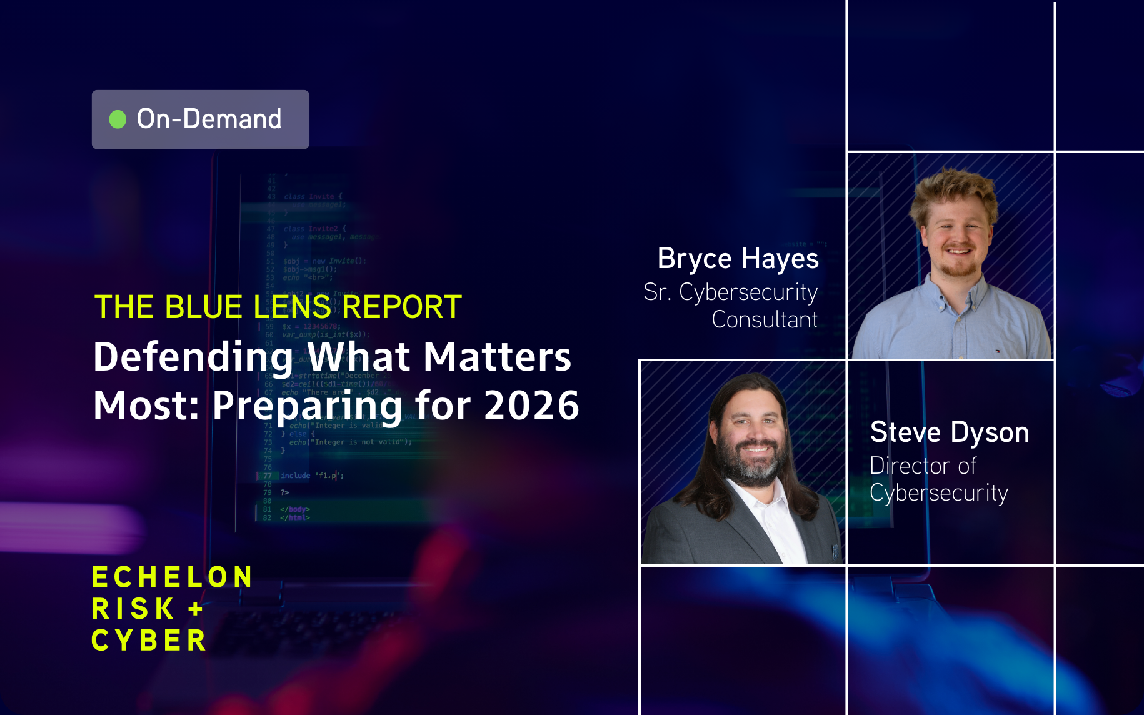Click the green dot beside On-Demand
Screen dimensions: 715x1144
pyautogui.click(x=118, y=119)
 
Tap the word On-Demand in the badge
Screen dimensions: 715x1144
pyautogui.click(x=209, y=119)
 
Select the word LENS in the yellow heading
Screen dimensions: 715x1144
pyautogui.click(x=291, y=307)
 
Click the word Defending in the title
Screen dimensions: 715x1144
pyautogui.click(x=193, y=357)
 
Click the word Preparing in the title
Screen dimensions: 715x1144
pyautogui.click(x=307, y=407)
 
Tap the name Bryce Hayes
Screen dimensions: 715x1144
pyautogui.click(x=738, y=259)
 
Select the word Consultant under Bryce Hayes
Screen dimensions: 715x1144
pyautogui.click(x=765, y=320)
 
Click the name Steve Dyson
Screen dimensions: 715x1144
pyautogui.click(x=949, y=432)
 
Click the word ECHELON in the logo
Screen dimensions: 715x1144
pyautogui.click(x=172, y=577)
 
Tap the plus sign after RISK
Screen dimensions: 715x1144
pyautogui.click(x=196, y=609)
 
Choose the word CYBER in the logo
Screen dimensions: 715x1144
pyautogui.click(x=149, y=641)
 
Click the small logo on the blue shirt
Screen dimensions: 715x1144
pyautogui.click(x=997, y=351)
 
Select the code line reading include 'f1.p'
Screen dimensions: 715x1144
pyautogui.click(x=312, y=476)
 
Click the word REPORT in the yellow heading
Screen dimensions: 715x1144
pyautogui.click(x=402, y=307)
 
